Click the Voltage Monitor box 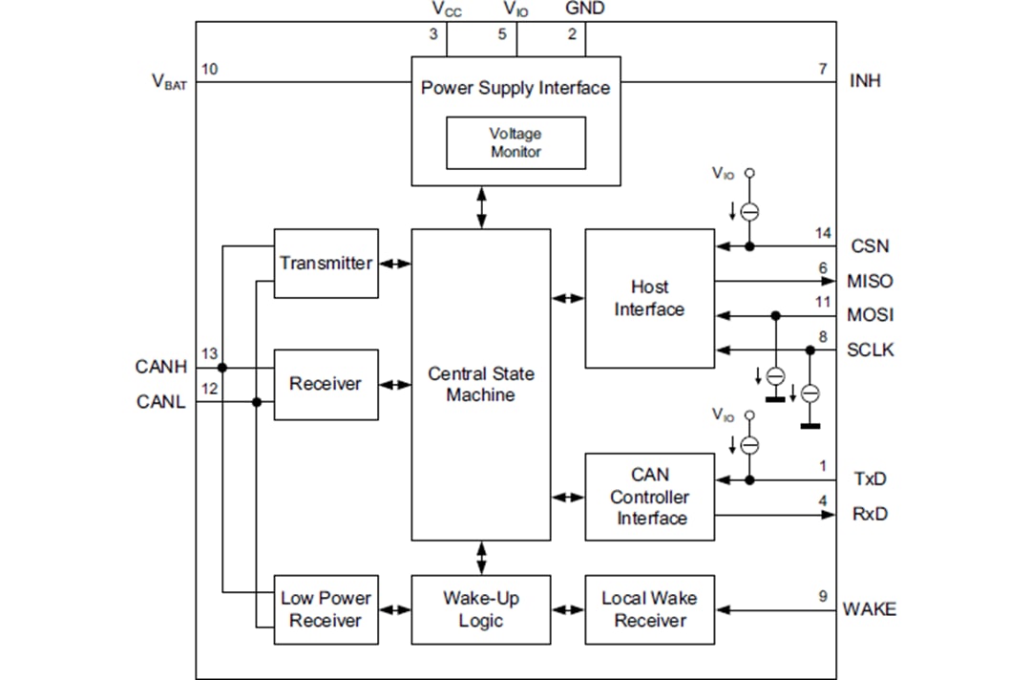515,143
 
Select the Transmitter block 326,263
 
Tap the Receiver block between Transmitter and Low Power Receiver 326,384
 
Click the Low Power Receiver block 326,609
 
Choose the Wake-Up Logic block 481,609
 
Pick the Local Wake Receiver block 649,609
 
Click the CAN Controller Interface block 649,497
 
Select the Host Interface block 649,298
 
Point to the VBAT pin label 170,82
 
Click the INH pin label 865,81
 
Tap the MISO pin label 870,281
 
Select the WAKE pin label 869,609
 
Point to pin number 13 209,354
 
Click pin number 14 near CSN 823,233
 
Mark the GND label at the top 584,10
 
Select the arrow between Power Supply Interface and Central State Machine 481,207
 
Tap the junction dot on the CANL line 256,402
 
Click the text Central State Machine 481,384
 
